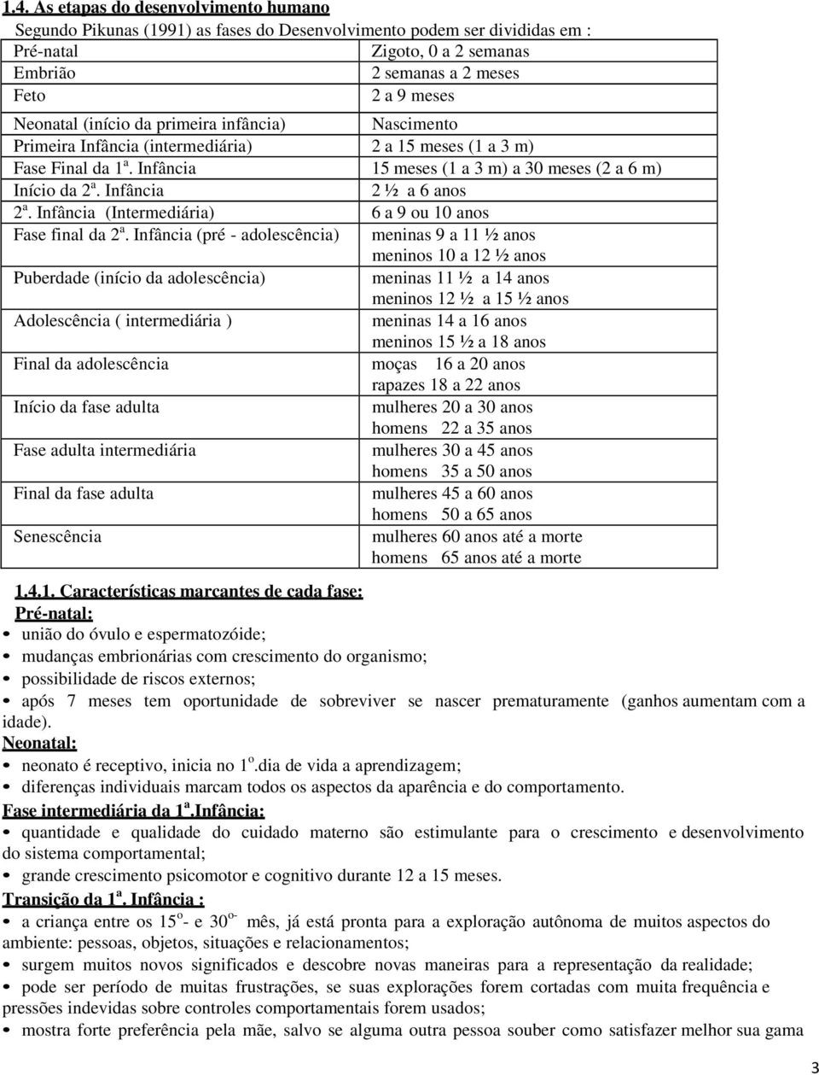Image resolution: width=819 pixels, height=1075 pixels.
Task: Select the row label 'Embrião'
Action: (x=44, y=73)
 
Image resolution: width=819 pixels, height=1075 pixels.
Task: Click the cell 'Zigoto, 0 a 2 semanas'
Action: (x=450, y=51)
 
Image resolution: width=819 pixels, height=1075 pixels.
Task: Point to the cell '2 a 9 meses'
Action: (x=413, y=96)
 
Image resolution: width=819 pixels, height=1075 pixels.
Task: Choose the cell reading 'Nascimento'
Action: (x=415, y=125)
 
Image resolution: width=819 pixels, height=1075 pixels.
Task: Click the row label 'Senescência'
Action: (x=58, y=536)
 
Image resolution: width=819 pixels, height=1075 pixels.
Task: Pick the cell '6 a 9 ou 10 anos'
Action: (x=430, y=213)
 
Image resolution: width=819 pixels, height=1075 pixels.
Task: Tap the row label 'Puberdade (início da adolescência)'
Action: (x=140, y=278)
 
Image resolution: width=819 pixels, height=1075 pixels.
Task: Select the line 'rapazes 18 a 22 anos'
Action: (x=446, y=385)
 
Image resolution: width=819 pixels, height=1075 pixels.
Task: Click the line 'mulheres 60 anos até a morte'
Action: (x=477, y=536)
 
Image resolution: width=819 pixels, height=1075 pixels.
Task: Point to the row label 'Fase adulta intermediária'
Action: (x=105, y=450)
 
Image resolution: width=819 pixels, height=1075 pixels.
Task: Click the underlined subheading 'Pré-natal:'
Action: (x=55, y=613)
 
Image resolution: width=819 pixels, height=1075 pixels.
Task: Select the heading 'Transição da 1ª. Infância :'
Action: (x=103, y=899)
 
